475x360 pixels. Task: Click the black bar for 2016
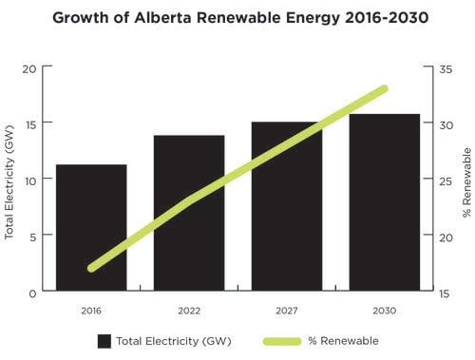tap(91, 227)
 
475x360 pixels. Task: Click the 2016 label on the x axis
tap(91, 311)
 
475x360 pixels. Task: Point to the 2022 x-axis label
tap(189, 311)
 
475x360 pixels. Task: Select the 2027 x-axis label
tap(286, 311)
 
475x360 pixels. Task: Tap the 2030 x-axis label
tap(384, 311)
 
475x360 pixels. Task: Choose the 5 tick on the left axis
tap(32, 236)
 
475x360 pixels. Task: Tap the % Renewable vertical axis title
tap(466, 180)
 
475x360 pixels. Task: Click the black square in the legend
tap(104, 340)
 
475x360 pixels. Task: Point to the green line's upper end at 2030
tap(384, 89)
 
